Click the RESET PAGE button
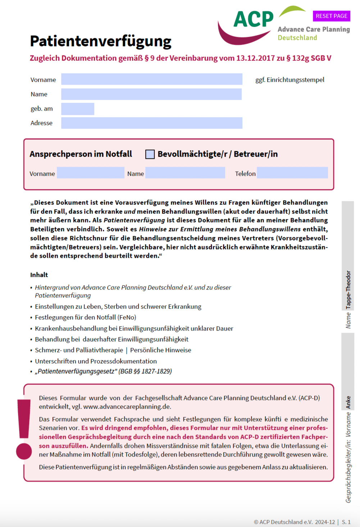331,16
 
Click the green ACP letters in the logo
254,20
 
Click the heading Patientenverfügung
101,41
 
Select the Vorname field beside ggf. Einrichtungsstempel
151,79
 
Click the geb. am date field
78,109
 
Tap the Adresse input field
151,123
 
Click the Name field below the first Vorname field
151,94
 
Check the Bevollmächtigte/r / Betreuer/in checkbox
150,154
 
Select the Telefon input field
292,173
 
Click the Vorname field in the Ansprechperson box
90,173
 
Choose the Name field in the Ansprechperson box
185,173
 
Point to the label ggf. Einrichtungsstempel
290,80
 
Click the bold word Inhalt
39,275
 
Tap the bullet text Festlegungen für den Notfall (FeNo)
85,317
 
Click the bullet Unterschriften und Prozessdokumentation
96,361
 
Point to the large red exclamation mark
24,428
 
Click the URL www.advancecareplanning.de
127,407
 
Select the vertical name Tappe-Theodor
348,290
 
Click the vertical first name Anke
348,402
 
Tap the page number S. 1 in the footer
346,522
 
